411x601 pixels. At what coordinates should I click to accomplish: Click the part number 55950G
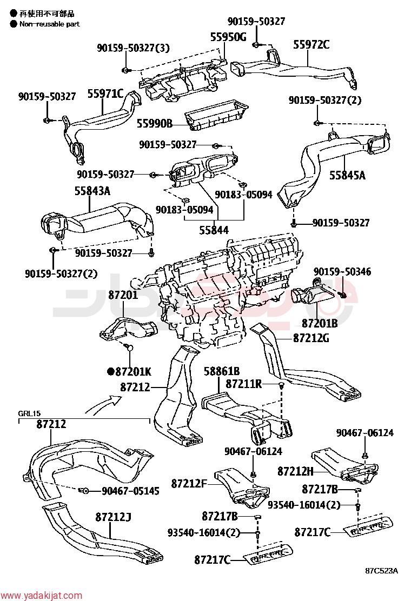coord(228,37)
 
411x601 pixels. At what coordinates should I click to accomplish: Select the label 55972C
coord(311,45)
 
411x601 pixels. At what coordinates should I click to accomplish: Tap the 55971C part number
coord(105,94)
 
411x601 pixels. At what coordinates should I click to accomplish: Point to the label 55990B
coord(155,123)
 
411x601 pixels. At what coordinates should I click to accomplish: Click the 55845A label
coord(347,176)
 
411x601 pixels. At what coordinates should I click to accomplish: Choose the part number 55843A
coord(92,190)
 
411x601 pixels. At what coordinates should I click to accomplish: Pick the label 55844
coord(214,230)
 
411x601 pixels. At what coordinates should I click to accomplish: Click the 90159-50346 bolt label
coord(342,272)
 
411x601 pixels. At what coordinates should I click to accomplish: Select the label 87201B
coord(320,324)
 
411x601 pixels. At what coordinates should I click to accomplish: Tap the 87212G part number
coord(311,338)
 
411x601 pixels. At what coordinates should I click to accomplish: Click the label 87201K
coord(134,371)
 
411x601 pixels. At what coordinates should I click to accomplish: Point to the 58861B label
coord(222,371)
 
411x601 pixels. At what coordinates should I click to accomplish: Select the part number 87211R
coord(243,384)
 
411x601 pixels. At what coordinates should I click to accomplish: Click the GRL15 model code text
coord(29,413)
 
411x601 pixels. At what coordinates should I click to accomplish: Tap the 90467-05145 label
coord(130,491)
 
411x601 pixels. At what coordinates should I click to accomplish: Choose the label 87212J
coord(113,517)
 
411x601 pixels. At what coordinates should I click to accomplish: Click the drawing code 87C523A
coord(381,571)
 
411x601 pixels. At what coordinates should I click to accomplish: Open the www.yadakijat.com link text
coord(42,596)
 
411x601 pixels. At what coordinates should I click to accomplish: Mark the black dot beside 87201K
coord(111,371)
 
